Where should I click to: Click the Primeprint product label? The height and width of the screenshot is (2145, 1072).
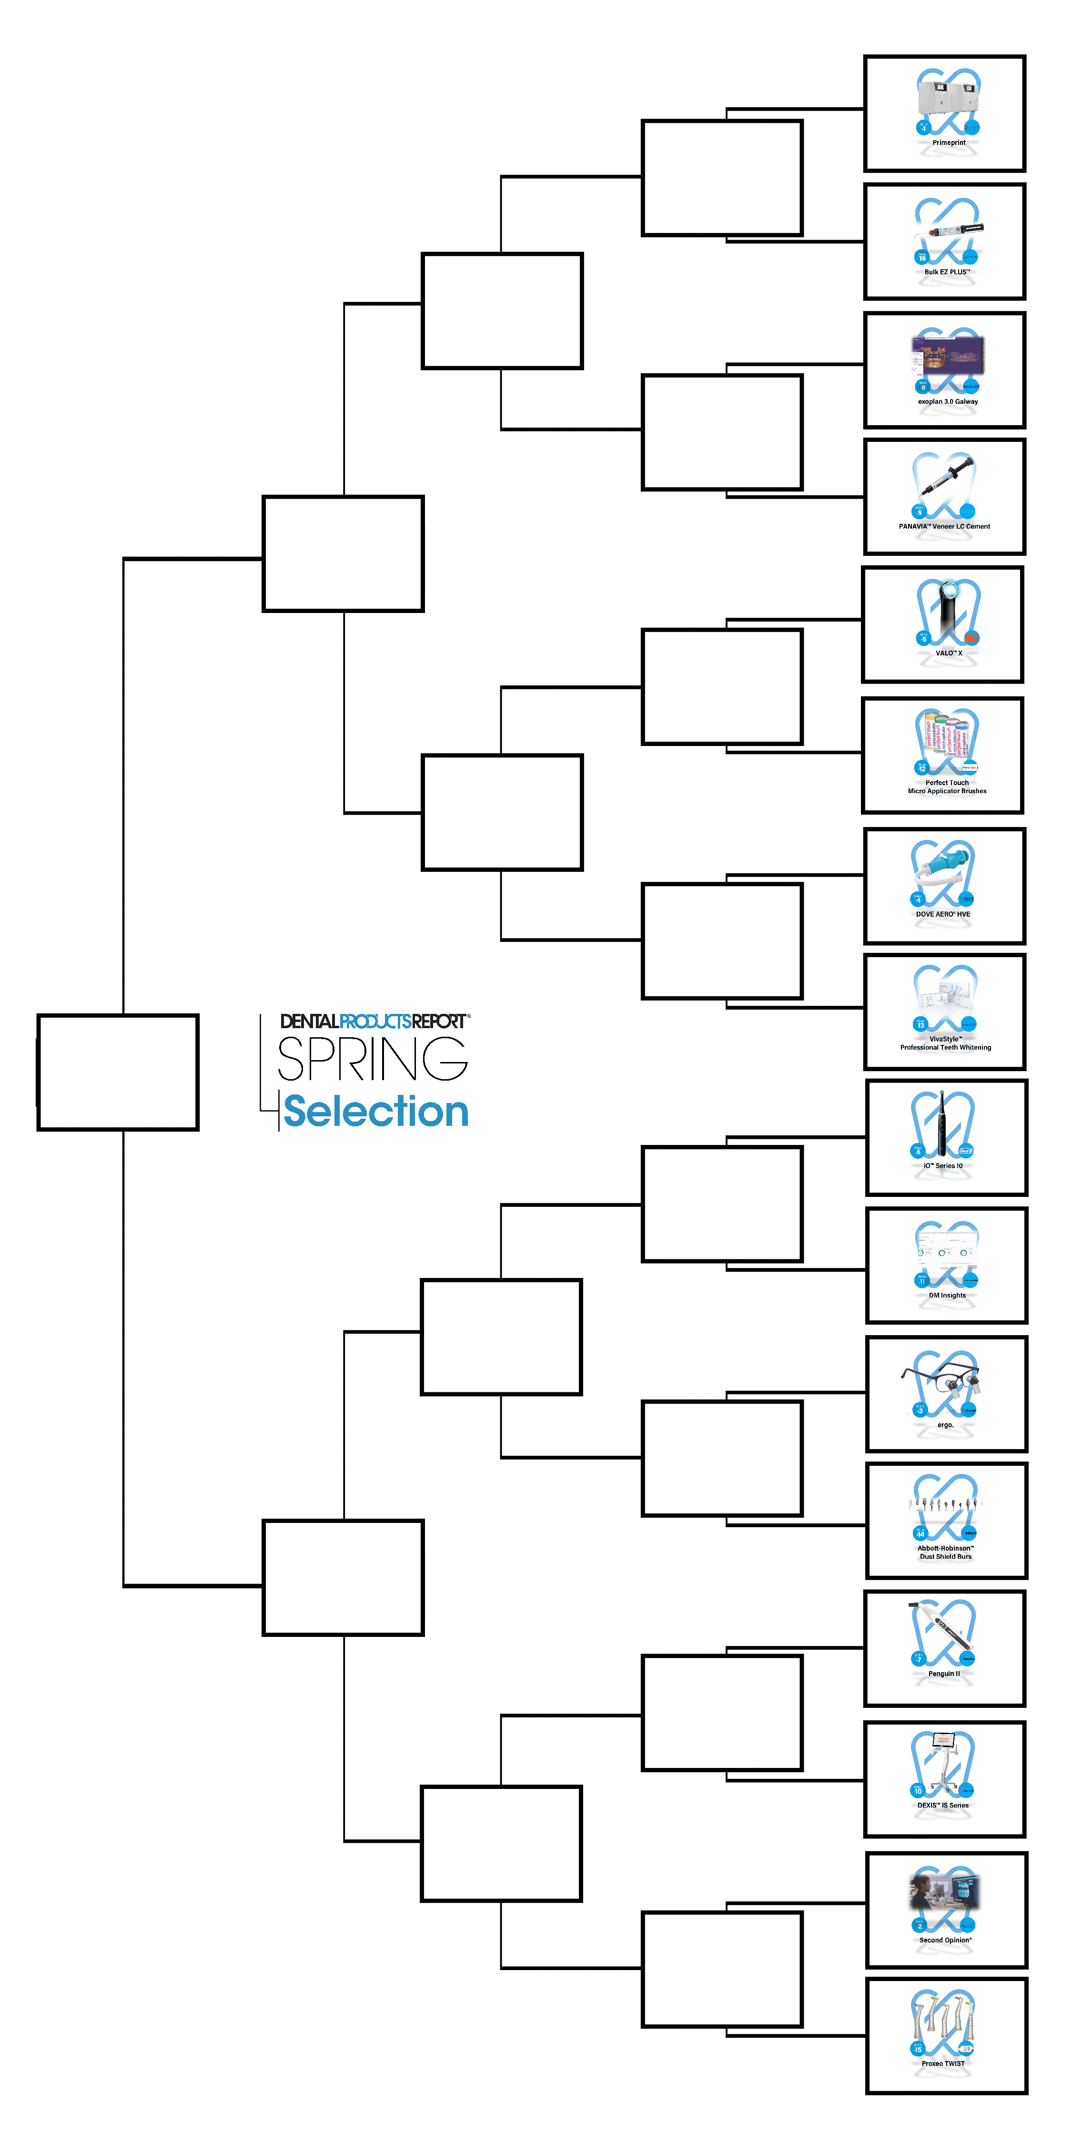pyautogui.click(x=948, y=143)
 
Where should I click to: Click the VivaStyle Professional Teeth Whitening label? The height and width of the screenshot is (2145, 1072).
pyautogui.click(x=945, y=1043)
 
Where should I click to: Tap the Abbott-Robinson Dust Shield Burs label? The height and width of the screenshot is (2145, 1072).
pyautogui.click(x=945, y=1552)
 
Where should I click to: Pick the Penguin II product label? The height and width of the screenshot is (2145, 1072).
pyautogui.click(x=944, y=1674)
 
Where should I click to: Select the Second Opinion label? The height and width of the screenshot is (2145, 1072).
pyautogui.click(x=945, y=1940)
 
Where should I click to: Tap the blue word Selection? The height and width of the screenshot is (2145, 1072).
pyautogui.click(x=376, y=1112)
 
